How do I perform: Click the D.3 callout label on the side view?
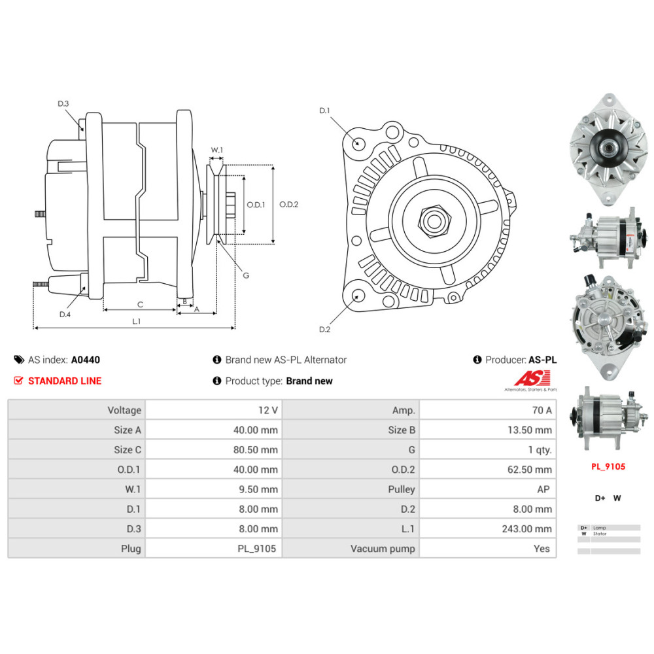(x=63, y=103)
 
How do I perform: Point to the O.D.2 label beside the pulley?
(x=288, y=205)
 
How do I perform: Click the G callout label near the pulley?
(x=246, y=275)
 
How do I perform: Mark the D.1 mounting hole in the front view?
(x=357, y=143)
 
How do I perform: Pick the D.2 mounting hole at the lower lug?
(x=357, y=296)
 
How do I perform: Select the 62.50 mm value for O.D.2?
(x=532, y=470)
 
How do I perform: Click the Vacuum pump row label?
(x=383, y=549)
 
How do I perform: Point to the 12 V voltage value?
(x=268, y=410)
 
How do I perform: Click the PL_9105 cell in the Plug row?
(x=258, y=549)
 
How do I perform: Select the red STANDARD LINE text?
(x=65, y=381)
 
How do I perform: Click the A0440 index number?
(x=86, y=360)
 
